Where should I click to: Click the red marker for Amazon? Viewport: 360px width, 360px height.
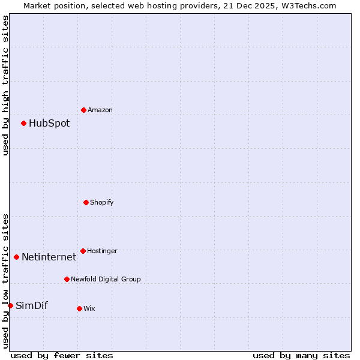click(83, 110)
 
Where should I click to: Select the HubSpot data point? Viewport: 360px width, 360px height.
click(23, 123)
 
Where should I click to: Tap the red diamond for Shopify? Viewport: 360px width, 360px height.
click(86, 202)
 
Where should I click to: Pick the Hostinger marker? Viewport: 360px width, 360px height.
click(83, 251)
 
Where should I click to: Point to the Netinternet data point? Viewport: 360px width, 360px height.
click(16, 257)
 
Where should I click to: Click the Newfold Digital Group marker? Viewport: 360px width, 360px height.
click(67, 279)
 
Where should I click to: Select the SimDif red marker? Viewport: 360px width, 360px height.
click(10, 305)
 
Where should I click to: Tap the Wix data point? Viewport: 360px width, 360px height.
click(79, 308)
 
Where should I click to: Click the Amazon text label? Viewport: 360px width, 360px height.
click(100, 110)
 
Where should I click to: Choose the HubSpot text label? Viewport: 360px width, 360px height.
click(49, 123)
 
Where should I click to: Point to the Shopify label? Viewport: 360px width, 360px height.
click(102, 202)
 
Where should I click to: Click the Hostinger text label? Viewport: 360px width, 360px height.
click(102, 251)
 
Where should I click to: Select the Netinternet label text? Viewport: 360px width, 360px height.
click(49, 257)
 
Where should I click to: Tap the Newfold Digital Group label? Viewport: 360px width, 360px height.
click(106, 279)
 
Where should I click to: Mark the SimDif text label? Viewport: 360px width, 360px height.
click(31, 305)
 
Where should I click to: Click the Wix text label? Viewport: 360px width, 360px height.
click(89, 308)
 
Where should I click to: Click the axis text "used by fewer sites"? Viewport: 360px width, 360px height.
click(62, 355)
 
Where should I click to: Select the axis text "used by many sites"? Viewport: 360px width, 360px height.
click(301, 355)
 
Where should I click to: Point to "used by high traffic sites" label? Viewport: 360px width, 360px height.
click(5, 85)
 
